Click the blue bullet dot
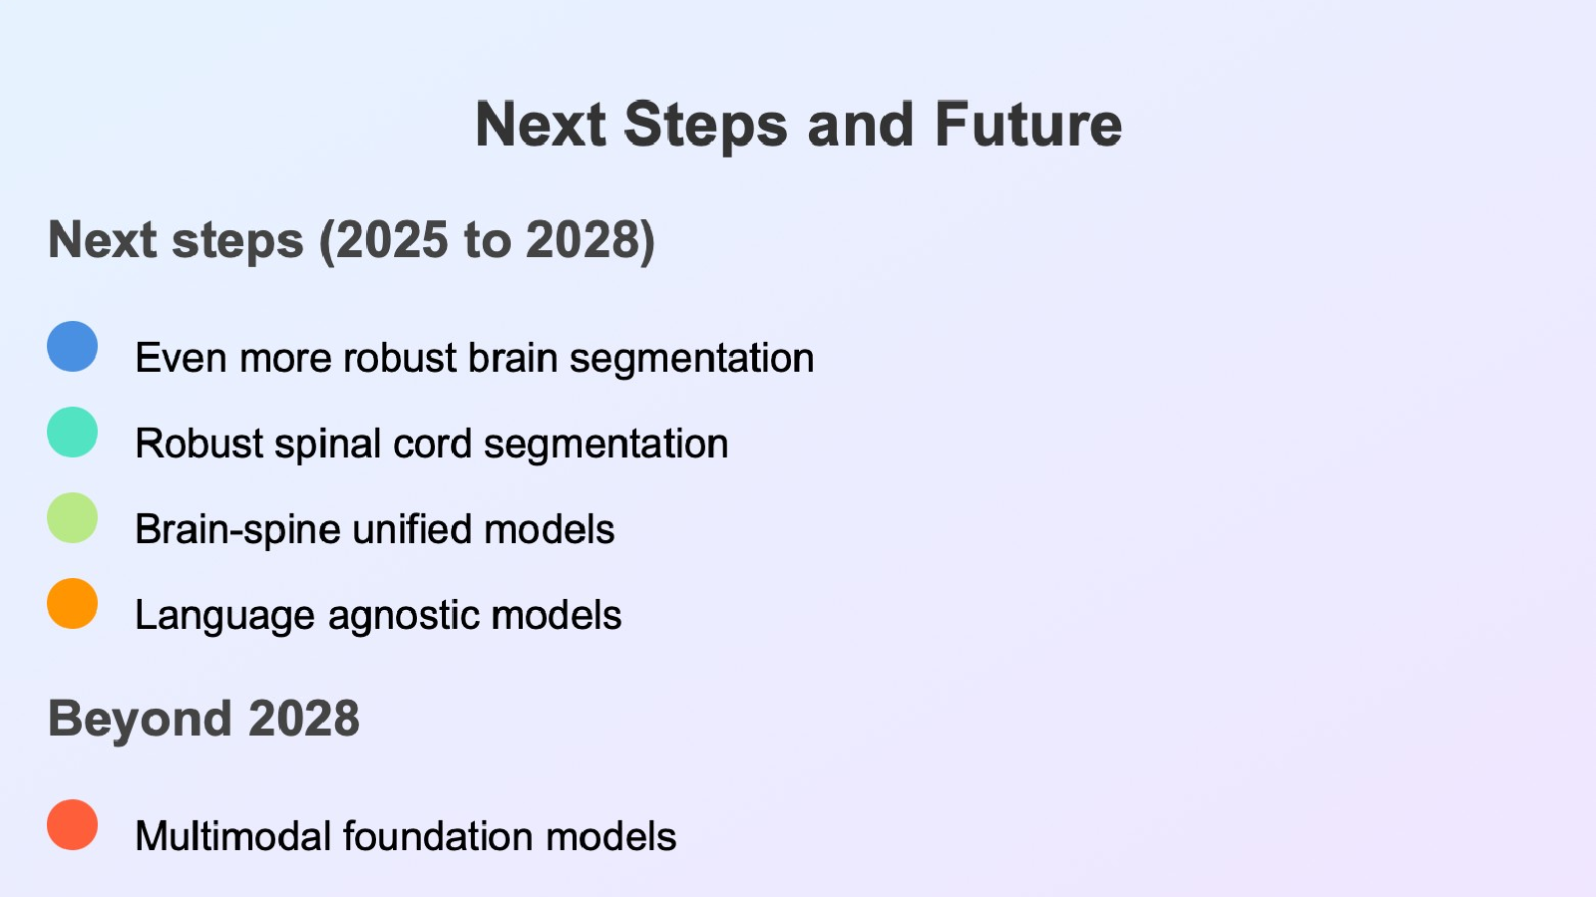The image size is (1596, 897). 72,346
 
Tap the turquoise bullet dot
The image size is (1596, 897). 72,433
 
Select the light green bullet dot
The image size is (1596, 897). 72,517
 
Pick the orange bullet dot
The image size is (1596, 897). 72,604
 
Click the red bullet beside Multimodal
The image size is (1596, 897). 72,824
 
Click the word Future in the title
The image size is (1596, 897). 1028,125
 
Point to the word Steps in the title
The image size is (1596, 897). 705,126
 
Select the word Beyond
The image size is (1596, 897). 140,720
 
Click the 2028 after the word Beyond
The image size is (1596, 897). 304,719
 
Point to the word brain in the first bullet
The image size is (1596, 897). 513,358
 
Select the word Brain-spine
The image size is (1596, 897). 237,530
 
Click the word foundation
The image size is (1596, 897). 438,836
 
